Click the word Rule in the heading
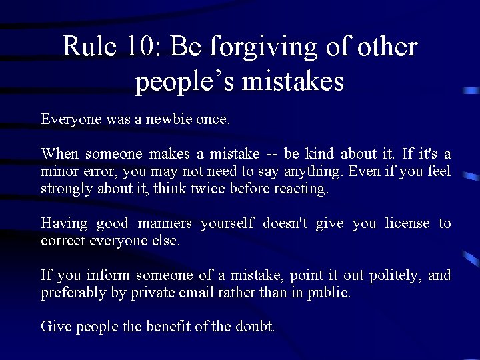pyautogui.click(x=83, y=47)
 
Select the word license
pyautogui.click(x=407, y=223)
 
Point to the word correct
pyautogui.click(x=62, y=241)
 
